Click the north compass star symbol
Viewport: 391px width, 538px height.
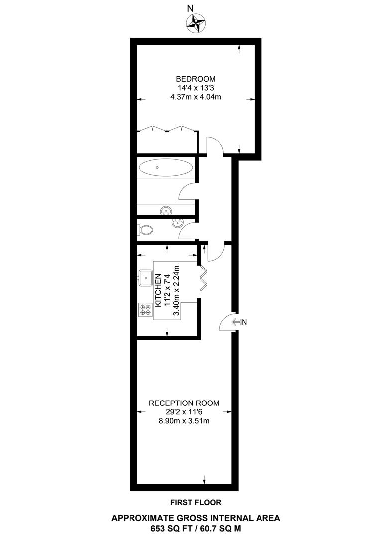click(196, 22)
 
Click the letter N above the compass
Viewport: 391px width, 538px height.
click(189, 8)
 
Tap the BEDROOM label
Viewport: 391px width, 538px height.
click(195, 79)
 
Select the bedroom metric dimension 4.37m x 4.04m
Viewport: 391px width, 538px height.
click(195, 97)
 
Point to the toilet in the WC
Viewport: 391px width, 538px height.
click(146, 230)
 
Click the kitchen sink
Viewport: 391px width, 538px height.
click(146, 276)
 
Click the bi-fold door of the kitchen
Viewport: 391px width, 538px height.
click(204, 279)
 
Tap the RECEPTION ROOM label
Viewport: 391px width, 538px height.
click(184, 403)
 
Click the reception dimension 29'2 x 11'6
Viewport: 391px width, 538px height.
click(184, 412)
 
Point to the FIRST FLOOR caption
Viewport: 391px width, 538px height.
click(195, 502)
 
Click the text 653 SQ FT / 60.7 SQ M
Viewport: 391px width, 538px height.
click(195, 527)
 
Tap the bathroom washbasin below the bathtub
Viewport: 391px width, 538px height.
click(166, 211)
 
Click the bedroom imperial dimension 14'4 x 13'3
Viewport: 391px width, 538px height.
click(195, 88)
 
